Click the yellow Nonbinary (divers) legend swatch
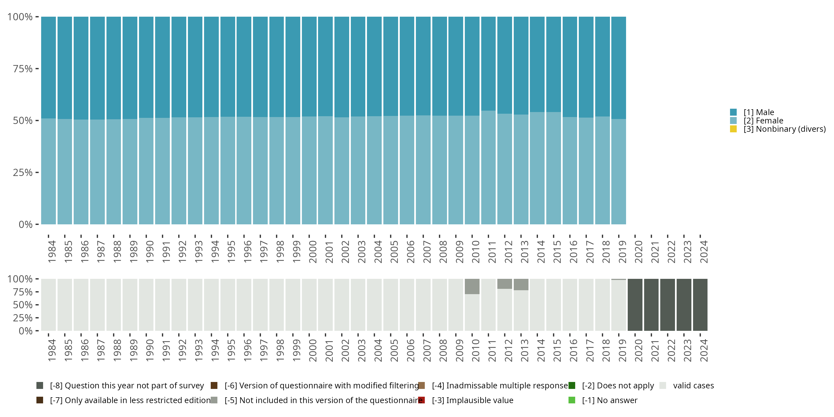tap(733, 129)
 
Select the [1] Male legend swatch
tap(733, 112)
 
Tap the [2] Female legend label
tap(763, 121)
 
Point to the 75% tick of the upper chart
tap(23, 69)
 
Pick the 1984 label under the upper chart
tap(52, 252)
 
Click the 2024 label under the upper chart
tap(704, 252)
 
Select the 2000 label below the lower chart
tap(313, 350)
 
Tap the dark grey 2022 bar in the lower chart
tap(667, 305)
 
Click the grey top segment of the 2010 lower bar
tap(472, 287)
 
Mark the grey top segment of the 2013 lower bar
tap(521, 285)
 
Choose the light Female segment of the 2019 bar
tap(618, 172)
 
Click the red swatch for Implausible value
tap(421, 400)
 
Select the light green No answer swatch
tap(572, 400)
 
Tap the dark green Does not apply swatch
tap(572, 386)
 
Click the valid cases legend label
tap(693, 386)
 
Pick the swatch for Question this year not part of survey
tap(40, 386)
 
